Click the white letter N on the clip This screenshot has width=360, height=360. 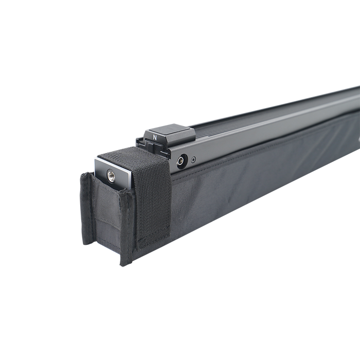tap(155, 138)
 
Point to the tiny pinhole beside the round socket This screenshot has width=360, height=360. tap(194, 158)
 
